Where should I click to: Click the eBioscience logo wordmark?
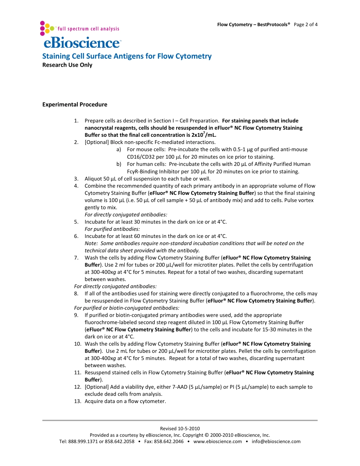click(82, 42)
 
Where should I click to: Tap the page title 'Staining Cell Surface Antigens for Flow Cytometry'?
click(127, 56)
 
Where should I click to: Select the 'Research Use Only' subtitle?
click(67, 65)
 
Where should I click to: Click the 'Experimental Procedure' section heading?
click(75, 105)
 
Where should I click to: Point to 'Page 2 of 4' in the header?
click(305, 25)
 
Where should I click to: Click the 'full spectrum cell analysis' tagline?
click(88, 29)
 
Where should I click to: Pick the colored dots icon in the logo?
click(47, 27)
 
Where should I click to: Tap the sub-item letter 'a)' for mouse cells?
click(119, 150)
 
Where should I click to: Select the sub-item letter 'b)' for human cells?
click(119, 164)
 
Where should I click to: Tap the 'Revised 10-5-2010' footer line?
click(180, 428)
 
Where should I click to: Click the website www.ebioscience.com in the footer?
click(218, 441)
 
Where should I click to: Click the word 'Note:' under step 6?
click(91, 243)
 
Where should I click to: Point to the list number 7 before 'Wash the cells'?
click(76, 258)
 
